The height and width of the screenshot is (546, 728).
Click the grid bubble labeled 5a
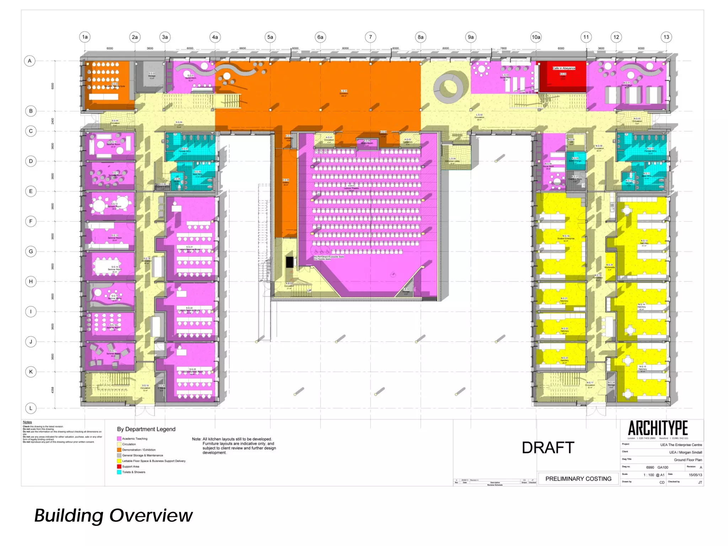click(270, 37)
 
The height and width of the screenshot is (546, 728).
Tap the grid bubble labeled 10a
click(536, 37)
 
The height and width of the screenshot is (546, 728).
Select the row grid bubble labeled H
click(31, 282)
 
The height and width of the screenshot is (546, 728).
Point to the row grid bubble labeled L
click(31, 408)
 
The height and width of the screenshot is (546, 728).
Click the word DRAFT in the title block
click(548, 448)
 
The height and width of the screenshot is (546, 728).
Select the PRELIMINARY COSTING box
click(578, 479)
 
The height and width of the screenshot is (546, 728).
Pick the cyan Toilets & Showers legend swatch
click(119, 472)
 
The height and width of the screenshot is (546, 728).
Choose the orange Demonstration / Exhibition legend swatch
click(119, 450)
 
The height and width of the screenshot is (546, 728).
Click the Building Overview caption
click(113, 515)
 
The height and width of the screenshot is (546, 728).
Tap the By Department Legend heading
click(146, 429)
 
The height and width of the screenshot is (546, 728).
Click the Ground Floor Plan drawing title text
click(688, 460)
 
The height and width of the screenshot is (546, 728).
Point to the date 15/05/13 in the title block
click(695, 475)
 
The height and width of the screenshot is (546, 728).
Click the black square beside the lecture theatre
click(290, 262)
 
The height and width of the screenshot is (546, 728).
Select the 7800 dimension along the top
click(503, 48)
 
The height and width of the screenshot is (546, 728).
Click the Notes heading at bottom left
click(27, 422)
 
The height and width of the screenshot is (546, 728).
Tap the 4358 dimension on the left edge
click(53, 390)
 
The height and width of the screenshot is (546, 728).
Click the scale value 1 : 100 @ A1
click(654, 475)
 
